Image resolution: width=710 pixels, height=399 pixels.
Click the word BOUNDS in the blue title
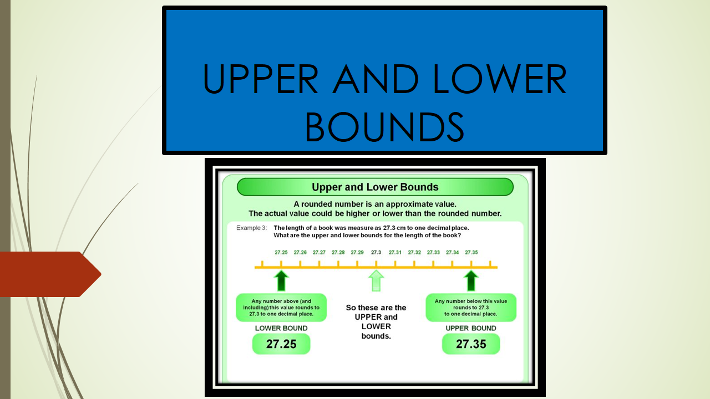point(384,126)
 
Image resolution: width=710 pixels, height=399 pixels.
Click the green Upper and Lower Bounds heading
point(375,187)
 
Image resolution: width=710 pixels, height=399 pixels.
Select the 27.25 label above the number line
point(281,253)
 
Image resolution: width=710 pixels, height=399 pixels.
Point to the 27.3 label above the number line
point(376,253)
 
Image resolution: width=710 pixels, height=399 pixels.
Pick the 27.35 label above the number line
point(471,253)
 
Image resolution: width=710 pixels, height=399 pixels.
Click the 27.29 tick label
point(357,253)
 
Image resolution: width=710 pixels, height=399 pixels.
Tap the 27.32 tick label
point(414,253)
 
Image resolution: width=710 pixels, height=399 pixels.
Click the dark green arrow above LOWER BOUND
point(282,280)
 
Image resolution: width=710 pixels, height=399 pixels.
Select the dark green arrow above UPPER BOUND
point(471,280)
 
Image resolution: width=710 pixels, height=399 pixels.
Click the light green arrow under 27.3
point(376,280)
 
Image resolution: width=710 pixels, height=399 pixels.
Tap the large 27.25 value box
point(281,344)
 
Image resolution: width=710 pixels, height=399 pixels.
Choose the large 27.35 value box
point(471,344)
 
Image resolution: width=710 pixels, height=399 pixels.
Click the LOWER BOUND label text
point(281,328)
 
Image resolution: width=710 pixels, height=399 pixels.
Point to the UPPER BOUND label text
point(471,328)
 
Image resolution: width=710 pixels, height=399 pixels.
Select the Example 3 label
point(251,228)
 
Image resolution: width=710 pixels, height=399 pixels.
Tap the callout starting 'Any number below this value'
point(471,308)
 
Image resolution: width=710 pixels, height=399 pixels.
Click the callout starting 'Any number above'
point(281,308)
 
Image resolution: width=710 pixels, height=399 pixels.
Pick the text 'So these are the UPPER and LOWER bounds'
point(376,321)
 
